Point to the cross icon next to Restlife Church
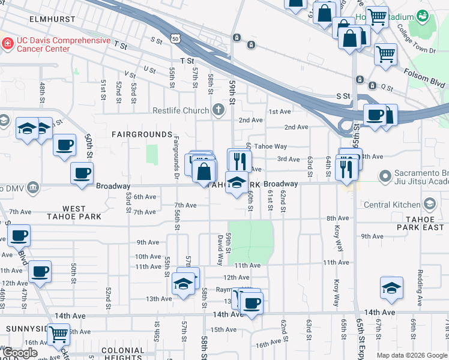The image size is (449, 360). (x=218, y=110)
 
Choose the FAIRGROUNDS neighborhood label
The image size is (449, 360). (x=142, y=134)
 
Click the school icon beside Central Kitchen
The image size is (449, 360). (x=429, y=205)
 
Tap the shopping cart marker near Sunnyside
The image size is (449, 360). (x=58, y=334)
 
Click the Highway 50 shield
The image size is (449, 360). (x=175, y=38)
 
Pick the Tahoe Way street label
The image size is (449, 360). (x=270, y=146)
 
